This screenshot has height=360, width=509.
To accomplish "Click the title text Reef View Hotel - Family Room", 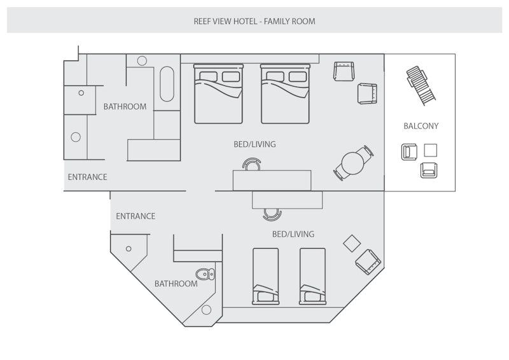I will point(254,21).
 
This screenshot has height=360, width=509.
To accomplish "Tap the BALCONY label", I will point(421,126).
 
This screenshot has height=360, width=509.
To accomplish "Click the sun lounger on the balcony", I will point(421,85).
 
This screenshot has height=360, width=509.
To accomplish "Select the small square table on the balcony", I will point(431,150).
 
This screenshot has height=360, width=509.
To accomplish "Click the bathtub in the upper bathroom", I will point(167,85).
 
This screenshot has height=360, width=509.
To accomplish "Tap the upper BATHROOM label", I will point(125,107).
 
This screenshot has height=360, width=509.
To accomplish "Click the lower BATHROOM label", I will point(176,284).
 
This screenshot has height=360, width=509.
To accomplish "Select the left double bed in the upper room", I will point(218,93).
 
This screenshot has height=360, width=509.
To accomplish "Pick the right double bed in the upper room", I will point(285,93).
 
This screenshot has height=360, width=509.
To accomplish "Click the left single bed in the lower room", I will point(265,276).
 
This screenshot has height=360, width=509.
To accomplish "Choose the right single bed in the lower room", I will point(312,276).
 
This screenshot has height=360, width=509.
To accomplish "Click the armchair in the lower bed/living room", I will point(368,261).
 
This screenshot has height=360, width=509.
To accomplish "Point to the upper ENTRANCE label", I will point(87,177).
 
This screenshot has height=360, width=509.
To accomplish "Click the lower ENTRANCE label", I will point(136,216).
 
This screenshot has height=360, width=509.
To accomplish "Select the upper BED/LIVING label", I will point(254,144).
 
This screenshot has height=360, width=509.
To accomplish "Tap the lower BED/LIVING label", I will point(293,234).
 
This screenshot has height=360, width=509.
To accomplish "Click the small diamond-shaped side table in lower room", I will point(351,242).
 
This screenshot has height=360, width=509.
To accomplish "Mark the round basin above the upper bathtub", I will point(142,61).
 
